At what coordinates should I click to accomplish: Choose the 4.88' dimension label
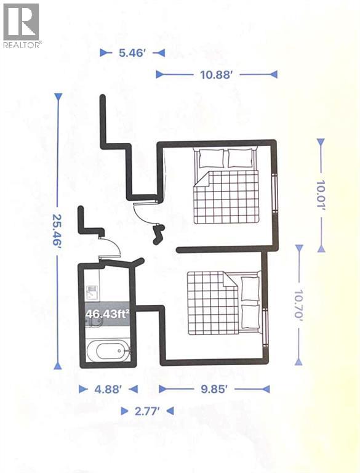click(108, 389)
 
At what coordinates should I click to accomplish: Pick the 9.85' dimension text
click(214, 389)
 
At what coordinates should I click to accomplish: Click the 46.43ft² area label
click(107, 313)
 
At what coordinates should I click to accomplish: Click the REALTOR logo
click(22, 25)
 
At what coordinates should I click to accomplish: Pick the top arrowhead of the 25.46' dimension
click(58, 97)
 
